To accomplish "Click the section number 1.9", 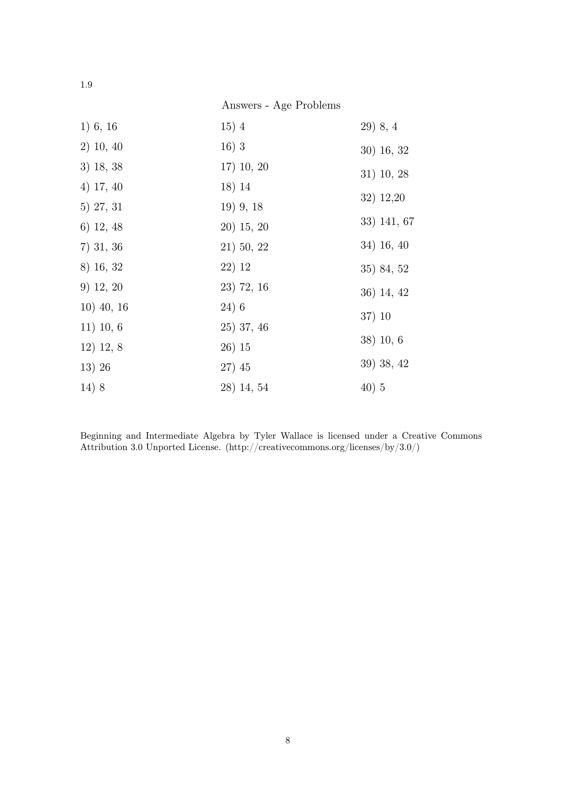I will click(x=86, y=85).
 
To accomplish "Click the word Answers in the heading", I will click(x=241, y=105).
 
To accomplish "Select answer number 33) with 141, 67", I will click(x=387, y=222).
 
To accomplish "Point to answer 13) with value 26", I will click(x=95, y=367).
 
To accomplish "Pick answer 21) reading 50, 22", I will click(x=244, y=247).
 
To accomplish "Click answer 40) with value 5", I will click(x=373, y=387).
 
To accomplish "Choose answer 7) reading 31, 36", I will click(x=102, y=247).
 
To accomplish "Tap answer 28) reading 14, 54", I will click(x=244, y=387).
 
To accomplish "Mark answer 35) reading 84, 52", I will click(x=384, y=269).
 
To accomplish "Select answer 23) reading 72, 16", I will click(x=244, y=287).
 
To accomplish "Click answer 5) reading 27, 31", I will click(x=102, y=207).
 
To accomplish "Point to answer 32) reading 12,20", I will click(x=383, y=198).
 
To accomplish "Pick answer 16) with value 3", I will click(x=233, y=147).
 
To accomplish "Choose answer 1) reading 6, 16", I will click(x=99, y=127).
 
